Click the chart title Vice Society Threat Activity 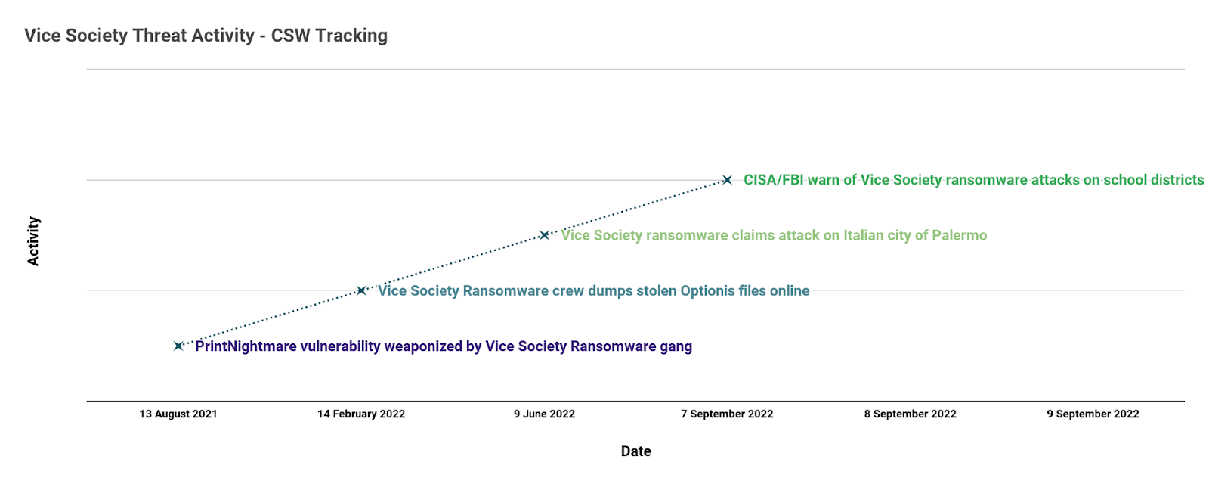[139, 36]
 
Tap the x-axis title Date [635, 451]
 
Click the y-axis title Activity [33, 241]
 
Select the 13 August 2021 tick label [178, 414]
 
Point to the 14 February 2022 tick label [361, 414]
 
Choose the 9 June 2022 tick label [544, 414]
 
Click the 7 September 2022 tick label [727, 414]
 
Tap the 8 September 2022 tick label [910, 414]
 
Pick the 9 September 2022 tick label [1093, 414]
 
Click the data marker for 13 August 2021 [178, 346]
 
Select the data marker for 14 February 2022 [361, 290]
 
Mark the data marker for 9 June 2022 [544, 235]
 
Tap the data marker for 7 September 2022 [727, 180]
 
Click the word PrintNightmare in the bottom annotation [246, 346]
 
